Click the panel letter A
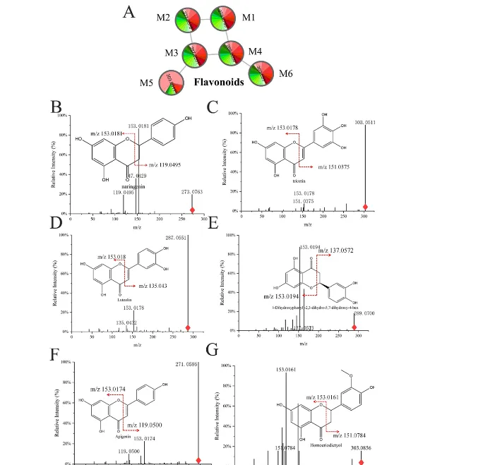click(x=129, y=13)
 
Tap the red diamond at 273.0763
click(x=192, y=210)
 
